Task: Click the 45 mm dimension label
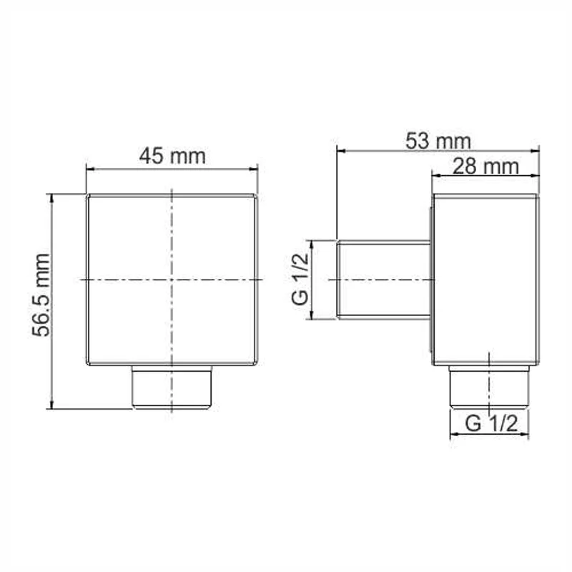(x=172, y=156)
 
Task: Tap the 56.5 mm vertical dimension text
(x=43, y=295)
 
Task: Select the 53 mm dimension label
(x=438, y=140)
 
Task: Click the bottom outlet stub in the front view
(x=172, y=387)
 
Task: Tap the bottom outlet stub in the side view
(x=489, y=387)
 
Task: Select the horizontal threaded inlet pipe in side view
(x=383, y=279)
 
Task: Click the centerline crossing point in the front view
(x=172, y=278)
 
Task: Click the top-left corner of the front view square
(x=87, y=194)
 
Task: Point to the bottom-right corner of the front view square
(x=257, y=365)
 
